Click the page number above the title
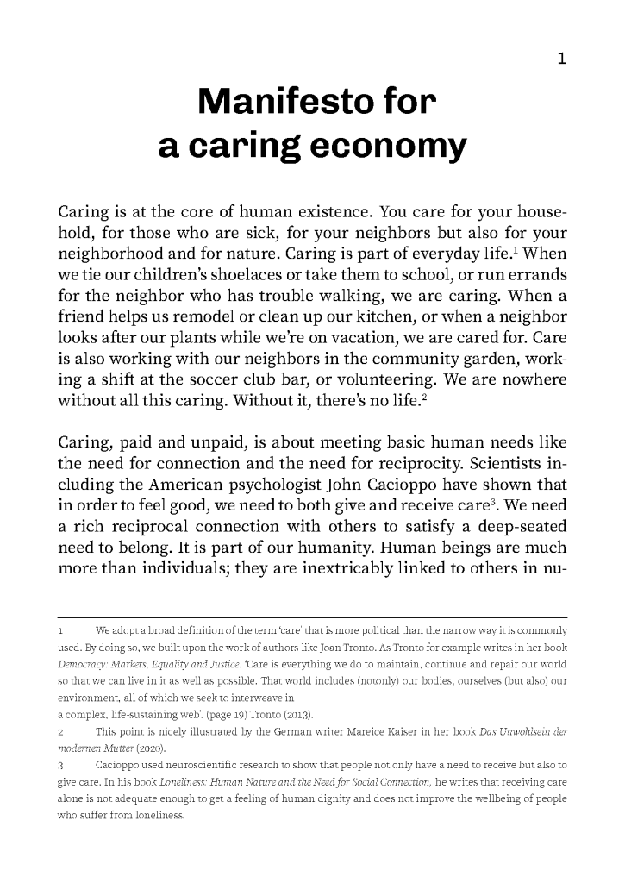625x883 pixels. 561,59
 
